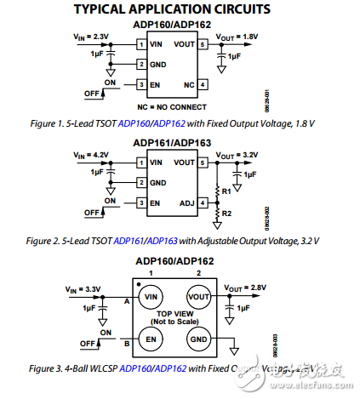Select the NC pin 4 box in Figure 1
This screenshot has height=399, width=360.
coord(203,85)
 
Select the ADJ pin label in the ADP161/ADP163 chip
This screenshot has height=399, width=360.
coord(186,202)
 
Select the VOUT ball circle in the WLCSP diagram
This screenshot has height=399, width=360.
coord(198,297)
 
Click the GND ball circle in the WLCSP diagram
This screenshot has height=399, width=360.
coord(198,339)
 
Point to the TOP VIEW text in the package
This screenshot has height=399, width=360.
coord(175,313)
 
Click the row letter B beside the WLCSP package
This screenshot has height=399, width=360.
coord(126,344)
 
